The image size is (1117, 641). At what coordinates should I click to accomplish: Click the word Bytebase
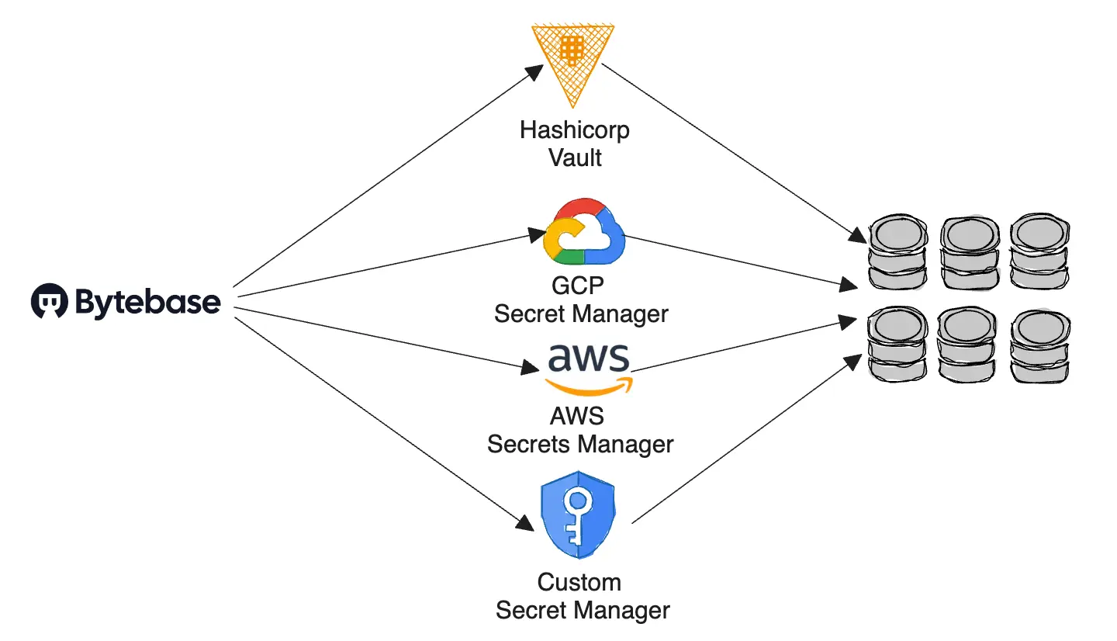click(147, 302)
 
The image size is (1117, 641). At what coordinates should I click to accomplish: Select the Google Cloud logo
click(584, 234)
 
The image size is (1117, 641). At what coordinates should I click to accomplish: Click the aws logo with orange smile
click(589, 368)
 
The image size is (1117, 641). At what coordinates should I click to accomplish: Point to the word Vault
click(575, 158)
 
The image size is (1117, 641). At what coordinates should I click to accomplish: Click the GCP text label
click(577, 286)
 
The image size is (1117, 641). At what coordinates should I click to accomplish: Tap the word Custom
click(579, 582)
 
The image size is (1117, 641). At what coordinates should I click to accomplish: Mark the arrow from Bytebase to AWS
click(388, 338)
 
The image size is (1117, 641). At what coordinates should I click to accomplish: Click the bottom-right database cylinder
click(1039, 345)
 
